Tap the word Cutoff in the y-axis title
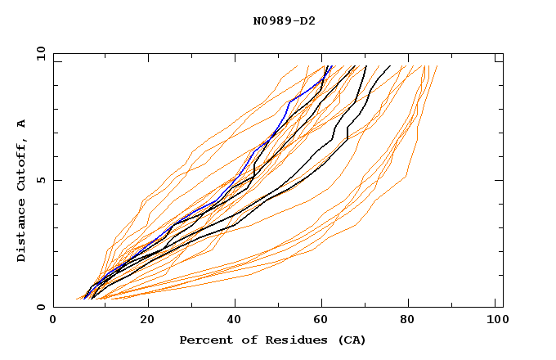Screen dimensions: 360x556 [22, 163]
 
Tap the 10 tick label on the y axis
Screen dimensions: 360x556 [39, 53]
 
